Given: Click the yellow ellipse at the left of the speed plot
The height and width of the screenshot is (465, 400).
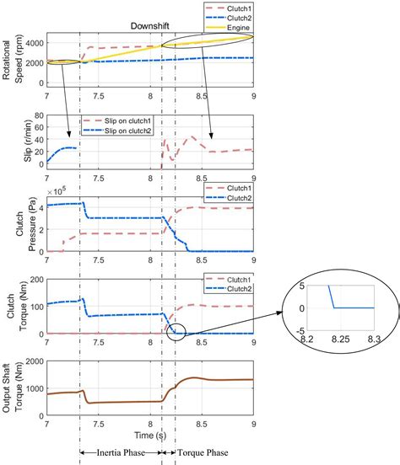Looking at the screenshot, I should pyautogui.click(x=63, y=61).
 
